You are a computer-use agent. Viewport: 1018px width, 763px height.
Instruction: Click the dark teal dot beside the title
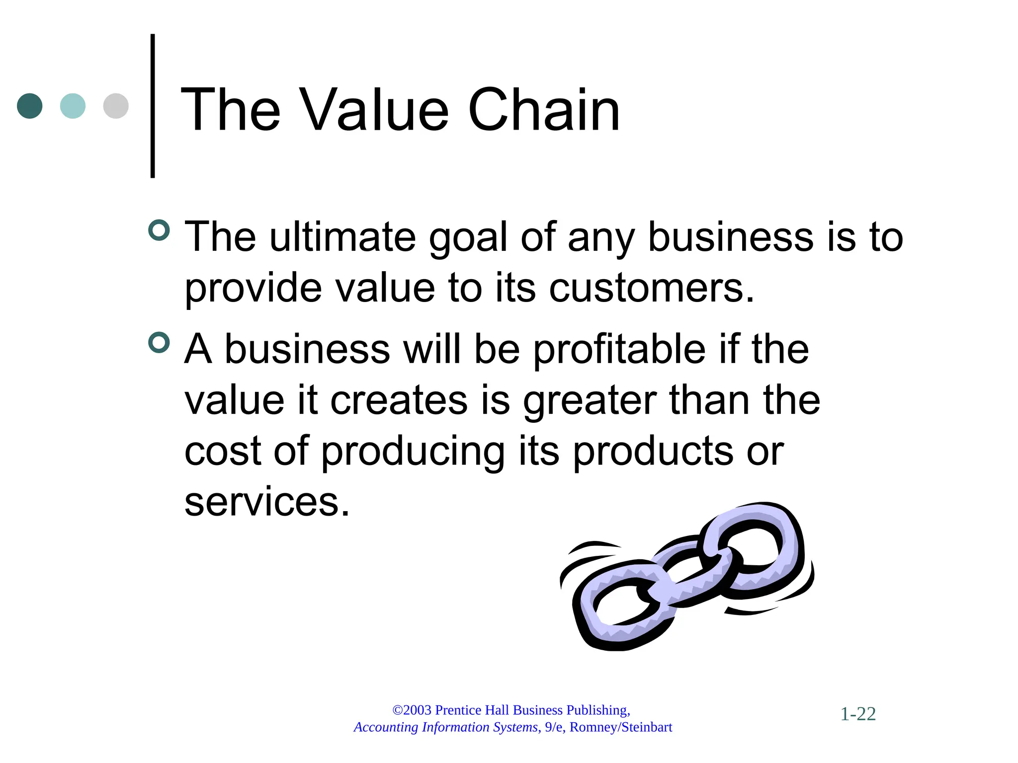tap(29, 106)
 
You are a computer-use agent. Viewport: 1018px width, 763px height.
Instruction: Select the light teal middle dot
tap(73, 106)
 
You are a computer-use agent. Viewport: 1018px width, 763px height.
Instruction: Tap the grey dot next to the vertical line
tap(116, 106)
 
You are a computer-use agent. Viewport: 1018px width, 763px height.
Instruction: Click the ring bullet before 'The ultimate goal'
tap(159, 230)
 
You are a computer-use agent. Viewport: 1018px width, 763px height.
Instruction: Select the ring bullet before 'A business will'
tap(159, 343)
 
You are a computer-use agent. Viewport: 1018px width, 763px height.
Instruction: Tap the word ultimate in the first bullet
tap(342, 237)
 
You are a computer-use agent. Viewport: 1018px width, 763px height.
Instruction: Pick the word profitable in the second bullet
tap(619, 349)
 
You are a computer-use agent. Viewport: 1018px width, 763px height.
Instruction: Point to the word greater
tap(590, 401)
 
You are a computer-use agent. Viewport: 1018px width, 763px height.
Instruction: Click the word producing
tap(413, 452)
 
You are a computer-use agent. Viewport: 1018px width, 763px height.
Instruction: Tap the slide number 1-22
tap(858, 714)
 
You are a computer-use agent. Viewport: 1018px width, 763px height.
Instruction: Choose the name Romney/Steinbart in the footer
tap(620, 727)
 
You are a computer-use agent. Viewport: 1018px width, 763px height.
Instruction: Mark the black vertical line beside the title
tap(153, 106)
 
